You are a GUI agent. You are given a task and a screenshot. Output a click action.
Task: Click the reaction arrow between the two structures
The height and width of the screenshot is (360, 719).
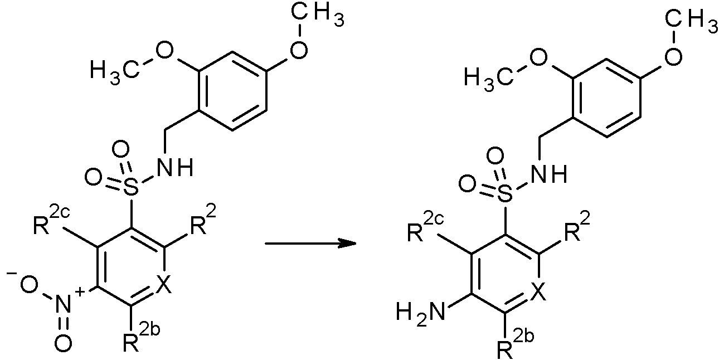tap(310, 244)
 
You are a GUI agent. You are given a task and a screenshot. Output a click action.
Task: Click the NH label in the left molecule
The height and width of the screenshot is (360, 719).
tap(176, 167)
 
